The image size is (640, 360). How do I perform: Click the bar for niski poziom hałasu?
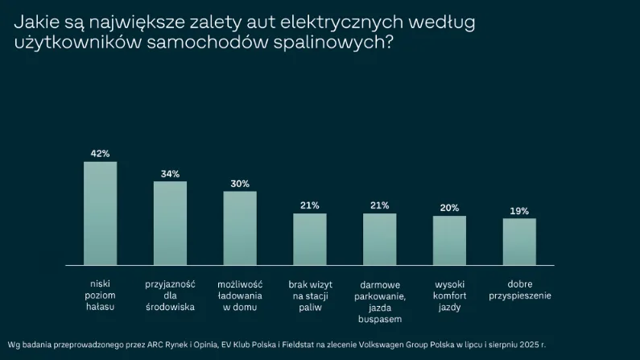pyautogui.click(x=101, y=213)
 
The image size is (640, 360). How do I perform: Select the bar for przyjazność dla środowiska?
pyautogui.click(x=170, y=223)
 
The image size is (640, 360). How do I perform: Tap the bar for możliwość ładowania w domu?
pyautogui.click(x=240, y=228)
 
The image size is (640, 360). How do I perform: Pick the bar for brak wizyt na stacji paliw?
pyautogui.click(x=310, y=239)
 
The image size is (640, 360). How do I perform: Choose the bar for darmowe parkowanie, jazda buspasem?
pyautogui.click(x=379, y=239)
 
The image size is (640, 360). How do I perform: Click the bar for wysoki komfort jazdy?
pyautogui.click(x=449, y=240)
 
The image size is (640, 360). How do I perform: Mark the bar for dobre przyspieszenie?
pyautogui.click(x=519, y=242)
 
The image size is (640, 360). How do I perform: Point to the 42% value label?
pyautogui.click(x=101, y=153)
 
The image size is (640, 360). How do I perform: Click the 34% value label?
pyautogui.click(x=170, y=173)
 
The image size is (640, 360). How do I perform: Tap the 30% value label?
pyautogui.click(x=240, y=184)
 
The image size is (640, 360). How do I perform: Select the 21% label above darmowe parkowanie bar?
pyautogui.click(x=379, y=205)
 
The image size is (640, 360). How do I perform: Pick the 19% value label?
pyautogui.click(x=519, y=211)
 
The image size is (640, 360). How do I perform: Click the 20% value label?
pyautogui.click(x=449, y=208)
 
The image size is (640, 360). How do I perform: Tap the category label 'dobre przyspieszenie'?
pyautogui.click(x=519, y=291)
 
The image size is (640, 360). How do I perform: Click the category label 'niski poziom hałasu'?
pyautogui.click(x=101, y=296)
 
